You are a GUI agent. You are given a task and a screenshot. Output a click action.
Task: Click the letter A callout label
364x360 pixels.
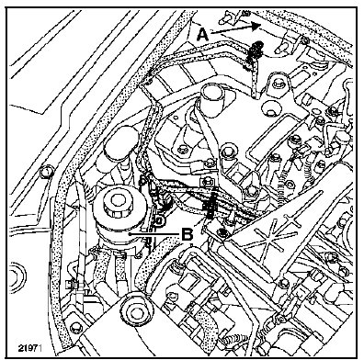(202, 34)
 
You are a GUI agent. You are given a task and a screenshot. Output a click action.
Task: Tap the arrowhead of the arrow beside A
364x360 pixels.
(256, 27)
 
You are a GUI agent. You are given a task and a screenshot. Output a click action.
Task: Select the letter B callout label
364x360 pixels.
(188, 235)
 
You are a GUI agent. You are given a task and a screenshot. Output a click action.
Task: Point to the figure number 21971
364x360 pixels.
(29, 348)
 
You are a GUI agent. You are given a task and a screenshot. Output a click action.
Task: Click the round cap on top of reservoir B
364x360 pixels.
(117, 201)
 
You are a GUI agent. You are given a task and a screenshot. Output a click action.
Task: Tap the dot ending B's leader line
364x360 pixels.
(131, 234)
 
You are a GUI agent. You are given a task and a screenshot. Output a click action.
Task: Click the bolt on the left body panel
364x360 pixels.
(47, 172)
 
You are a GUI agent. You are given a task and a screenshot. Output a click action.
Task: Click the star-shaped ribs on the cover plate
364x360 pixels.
(270, 235)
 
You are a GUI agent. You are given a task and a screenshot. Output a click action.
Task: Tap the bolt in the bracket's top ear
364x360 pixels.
(277, 83)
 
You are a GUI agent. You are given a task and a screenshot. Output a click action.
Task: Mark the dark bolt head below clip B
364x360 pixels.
(222, 232)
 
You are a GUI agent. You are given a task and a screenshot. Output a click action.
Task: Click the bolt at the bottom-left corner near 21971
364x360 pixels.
(74, 328)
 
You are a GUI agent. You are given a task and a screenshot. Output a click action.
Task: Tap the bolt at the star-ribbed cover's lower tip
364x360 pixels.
(284, 282)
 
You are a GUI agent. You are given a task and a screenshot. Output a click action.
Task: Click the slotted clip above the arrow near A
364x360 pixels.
(227, 17)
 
